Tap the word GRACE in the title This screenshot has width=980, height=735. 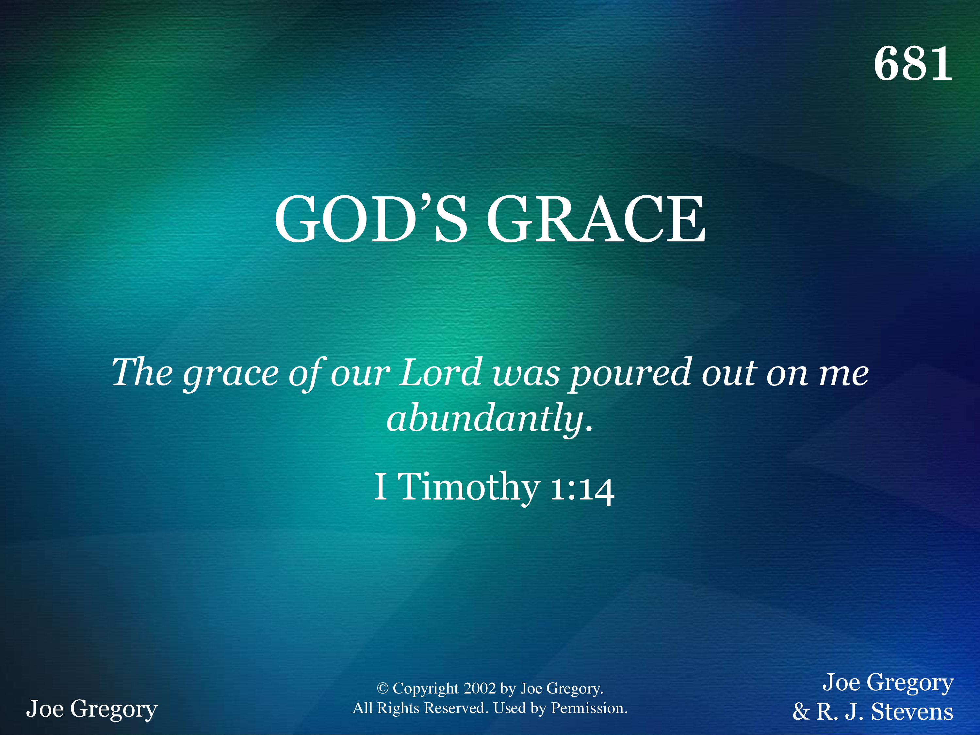pyautogui.click(x=596, y=219)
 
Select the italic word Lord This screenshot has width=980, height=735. pyautogui.click(x=441, y=372)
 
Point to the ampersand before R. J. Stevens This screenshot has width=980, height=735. pyautogui.click(x=801, y=712)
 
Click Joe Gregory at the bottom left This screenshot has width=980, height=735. pyautogui.click(x=92, y=709)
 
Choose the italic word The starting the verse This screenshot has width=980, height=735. pyautogui.click(x=142, y=372)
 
